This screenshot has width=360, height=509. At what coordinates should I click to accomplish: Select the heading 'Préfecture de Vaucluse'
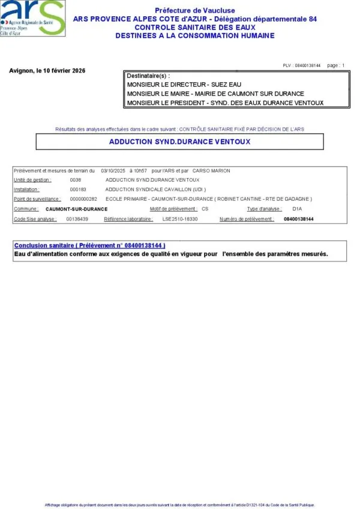pyautogui.click(x=195, y=11)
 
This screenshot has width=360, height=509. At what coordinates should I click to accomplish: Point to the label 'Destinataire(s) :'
pyautogui.click(x=148, y=76)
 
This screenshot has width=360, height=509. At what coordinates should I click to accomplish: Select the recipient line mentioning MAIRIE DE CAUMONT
pyautogui.click(x=216, y=94)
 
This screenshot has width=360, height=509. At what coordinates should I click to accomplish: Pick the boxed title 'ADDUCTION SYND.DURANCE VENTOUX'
pyautogui.click(x=180, y=142)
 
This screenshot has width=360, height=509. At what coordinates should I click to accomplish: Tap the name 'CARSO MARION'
pyautogui.click(x=211, y=171)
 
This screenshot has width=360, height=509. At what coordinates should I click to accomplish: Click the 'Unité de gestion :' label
pyautogui.click(x=32, y=180)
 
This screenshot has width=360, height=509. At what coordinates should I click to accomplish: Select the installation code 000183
pyautogui.click(x=79, y=189)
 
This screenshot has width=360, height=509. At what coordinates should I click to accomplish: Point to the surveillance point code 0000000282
pyautogui.click(x=83, y=199)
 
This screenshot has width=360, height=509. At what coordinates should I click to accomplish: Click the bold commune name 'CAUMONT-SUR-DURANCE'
pyautogui.click(x=76, y=209)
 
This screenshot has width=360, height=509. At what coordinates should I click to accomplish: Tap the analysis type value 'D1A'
pyautogui.click(x=297, y=209)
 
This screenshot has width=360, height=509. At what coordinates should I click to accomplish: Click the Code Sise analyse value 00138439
pyautogui.click(x=77, y=219)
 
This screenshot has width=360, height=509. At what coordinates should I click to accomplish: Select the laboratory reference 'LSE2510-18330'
pyautogui.click(x=180, y=219)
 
